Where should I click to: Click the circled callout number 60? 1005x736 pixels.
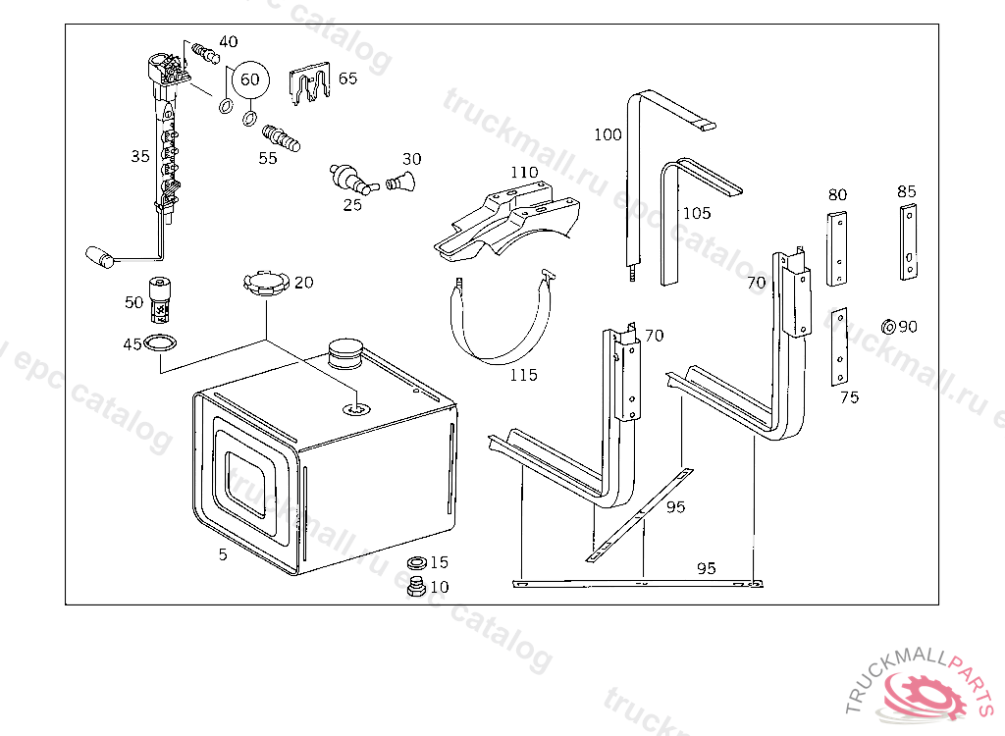250,79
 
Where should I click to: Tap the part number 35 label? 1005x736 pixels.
140,155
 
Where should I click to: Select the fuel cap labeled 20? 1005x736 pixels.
265,286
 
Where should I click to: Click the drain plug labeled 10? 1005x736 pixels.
414,589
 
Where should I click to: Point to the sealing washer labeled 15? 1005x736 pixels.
416,564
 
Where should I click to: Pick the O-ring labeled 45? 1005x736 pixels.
161,343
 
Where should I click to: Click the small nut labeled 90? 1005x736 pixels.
887,326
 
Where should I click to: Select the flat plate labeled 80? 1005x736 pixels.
837,249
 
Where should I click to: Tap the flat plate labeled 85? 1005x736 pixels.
910,241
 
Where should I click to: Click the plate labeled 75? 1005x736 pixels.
840,348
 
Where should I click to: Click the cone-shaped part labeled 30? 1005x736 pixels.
401,181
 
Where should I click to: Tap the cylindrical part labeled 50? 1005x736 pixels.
159,300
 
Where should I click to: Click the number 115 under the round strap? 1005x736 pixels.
523,375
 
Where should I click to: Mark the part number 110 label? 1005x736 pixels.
524,173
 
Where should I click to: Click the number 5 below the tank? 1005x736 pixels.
223,554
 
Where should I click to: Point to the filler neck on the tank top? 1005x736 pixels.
344,352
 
